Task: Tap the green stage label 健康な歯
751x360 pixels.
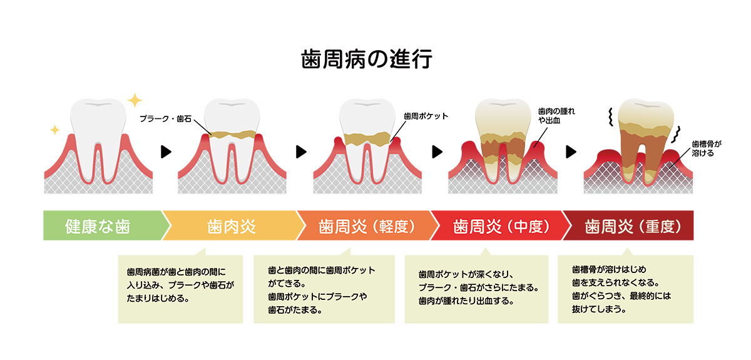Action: coord(98,226)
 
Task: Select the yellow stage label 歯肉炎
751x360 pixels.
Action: coord(232,226)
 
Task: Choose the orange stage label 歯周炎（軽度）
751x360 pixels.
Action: coord(367,226)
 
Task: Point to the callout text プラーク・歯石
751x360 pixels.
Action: coord(165,118)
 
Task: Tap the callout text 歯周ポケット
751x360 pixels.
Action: coord(426,116)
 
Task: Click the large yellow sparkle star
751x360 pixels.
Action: coord(134,100)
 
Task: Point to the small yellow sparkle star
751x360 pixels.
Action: coord(54,130)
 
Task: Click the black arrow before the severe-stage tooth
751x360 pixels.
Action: coord(571,152)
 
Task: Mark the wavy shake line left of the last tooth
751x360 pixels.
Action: coord(608,116)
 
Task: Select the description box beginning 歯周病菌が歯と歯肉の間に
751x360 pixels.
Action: coord(180,288)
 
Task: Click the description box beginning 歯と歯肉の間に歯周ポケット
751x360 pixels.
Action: coord(324,288)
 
